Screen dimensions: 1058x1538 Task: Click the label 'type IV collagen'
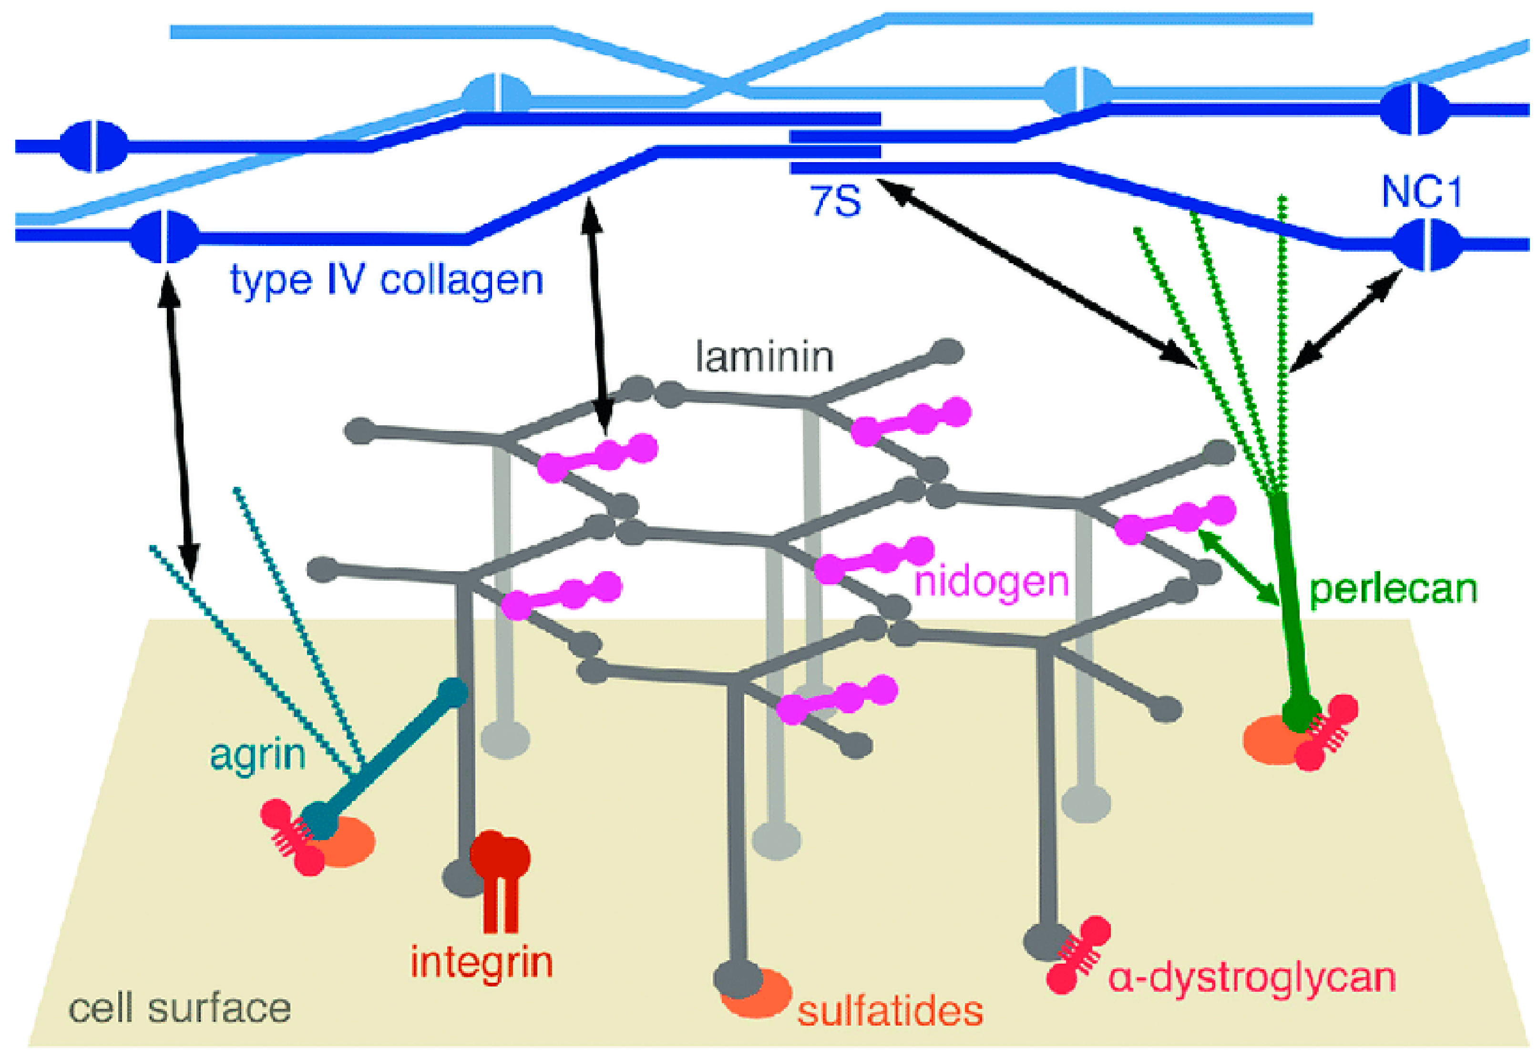tap(386, 280)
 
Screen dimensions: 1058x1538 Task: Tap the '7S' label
tap(835, 201)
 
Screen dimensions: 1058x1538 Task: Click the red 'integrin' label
tap(482, 963)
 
